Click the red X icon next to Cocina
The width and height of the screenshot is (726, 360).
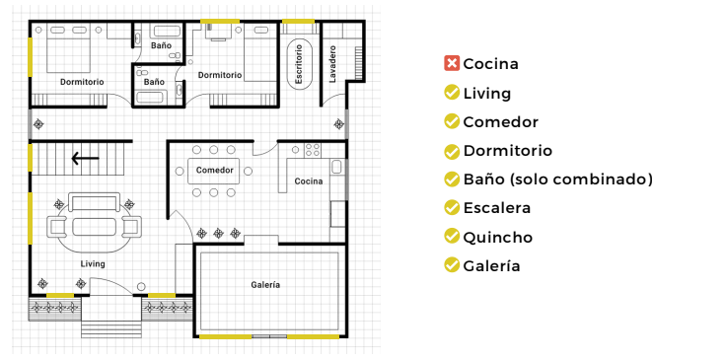(452, 63)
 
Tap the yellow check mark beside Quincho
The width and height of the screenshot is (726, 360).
(452, 237)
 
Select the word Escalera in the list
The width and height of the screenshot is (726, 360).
(497, 208)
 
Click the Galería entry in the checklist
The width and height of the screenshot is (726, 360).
(491, 265)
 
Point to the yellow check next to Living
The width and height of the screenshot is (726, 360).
(452, 93)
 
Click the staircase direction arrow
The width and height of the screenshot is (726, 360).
(85, 159)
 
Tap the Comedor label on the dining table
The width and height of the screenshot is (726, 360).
(214, 171)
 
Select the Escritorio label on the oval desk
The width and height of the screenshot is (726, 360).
(299, 64)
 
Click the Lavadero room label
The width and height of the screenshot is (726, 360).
(332, 64)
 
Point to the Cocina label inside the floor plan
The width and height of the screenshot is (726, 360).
(309, 181)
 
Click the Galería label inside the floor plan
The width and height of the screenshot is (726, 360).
(265, 285)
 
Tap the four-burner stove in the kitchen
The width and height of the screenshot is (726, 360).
(312, 150)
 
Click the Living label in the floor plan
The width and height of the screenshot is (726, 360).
(93, 264)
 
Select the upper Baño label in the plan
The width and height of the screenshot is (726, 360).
(161, 45)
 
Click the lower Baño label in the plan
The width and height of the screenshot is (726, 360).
(154, 82)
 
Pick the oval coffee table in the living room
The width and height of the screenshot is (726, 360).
(95, 227)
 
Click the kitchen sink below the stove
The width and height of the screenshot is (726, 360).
(336, 167)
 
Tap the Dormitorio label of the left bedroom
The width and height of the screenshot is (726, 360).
(82, 82)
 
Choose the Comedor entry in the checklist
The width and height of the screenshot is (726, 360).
(500, 121)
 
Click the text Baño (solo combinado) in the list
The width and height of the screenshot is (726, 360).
(558, 180)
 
